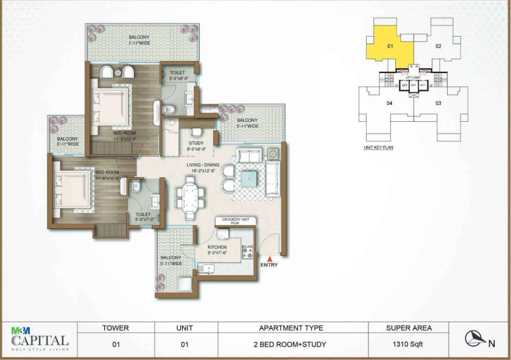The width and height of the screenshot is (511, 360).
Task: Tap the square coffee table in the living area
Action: point(248,179)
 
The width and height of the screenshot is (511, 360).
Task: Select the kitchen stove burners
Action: point(248,249)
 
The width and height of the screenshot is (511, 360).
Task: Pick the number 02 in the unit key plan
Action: point(437,46)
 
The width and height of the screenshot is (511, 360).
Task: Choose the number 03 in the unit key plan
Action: point(437,103)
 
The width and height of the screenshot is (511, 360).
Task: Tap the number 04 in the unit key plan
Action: point(389,103)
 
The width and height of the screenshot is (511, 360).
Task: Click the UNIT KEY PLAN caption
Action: point(378,147)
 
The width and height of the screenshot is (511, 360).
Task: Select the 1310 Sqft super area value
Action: point(408,344)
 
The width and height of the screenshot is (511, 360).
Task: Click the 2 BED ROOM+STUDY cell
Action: point(289,344)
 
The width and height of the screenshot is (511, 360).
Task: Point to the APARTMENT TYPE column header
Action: point(290,328)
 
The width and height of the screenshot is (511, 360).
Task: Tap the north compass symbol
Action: point(475,339)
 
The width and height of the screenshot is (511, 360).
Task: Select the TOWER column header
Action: point(115,328)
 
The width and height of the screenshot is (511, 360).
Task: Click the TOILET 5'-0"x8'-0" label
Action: point(178,75)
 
